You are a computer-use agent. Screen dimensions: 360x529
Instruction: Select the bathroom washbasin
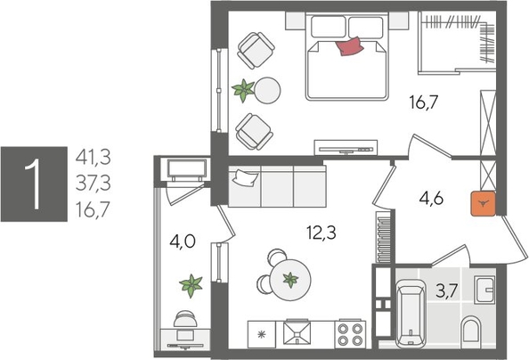click(x=484, y=290)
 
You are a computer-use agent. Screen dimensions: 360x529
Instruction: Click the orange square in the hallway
click(x=482, y=205)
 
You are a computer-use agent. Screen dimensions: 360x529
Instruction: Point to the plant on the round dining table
click(x=290, y=279)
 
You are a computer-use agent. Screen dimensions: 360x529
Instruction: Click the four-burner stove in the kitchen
click(x=350, y=332)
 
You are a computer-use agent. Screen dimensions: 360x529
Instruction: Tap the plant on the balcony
click(x=190, y=286)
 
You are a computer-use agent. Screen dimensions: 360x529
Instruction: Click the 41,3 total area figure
click(x=93, y=158)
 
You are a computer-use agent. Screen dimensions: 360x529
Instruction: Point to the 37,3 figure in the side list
click(x=93, y=184)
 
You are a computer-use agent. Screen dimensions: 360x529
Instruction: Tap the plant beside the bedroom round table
click(x=242, y=88)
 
